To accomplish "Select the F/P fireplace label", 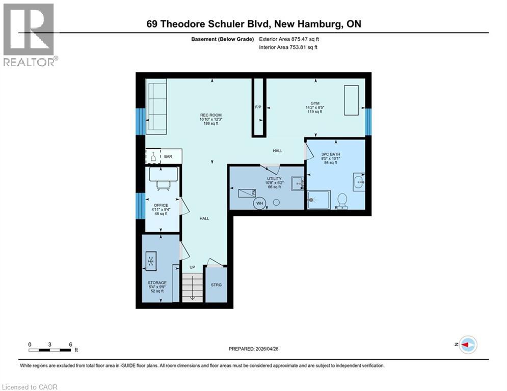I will point(258,107).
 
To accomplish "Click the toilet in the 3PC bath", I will point(342,201).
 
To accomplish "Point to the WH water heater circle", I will point(259,203).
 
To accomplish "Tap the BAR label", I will point(168,156).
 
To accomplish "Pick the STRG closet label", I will point(217,285).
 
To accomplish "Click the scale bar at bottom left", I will point(50,349).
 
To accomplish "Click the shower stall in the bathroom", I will point(319,200).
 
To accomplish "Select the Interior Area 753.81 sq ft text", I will point(289,47).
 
